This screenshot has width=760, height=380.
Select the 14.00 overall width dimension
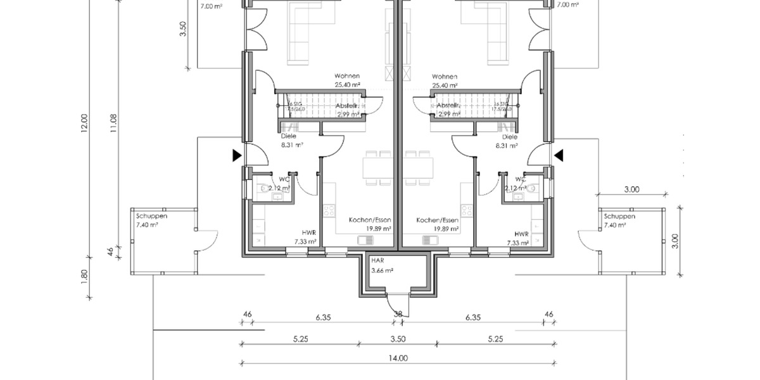[x=398, y=358]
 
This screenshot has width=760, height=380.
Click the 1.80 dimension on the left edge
[x=85, y=277]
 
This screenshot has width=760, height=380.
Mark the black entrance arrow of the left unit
[x=236, y=155]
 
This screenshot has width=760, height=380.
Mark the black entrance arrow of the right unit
[x=559, y=155]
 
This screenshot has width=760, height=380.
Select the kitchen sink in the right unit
[x=431, y=240]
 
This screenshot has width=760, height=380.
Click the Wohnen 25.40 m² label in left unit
[x=347, y=80]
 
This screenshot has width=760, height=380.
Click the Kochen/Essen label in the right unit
[x=437, y=224]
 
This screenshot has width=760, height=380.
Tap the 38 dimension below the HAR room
[x=398, y=313]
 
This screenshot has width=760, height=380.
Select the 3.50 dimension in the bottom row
[x=398, y=339]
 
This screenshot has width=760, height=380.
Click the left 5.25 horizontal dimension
[x=300, y=339]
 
